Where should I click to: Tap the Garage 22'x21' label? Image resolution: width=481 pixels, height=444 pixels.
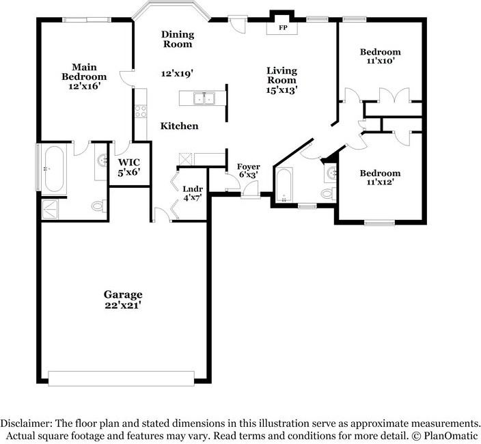123,299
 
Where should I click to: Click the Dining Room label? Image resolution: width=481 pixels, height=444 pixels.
178,39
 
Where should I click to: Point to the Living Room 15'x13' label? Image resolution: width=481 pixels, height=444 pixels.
281,79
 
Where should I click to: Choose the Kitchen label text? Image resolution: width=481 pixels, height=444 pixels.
180,126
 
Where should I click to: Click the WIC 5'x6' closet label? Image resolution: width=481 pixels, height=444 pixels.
129,167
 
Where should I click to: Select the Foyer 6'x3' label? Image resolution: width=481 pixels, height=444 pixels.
248,171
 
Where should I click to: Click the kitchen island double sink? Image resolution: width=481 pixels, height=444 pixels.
204,99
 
